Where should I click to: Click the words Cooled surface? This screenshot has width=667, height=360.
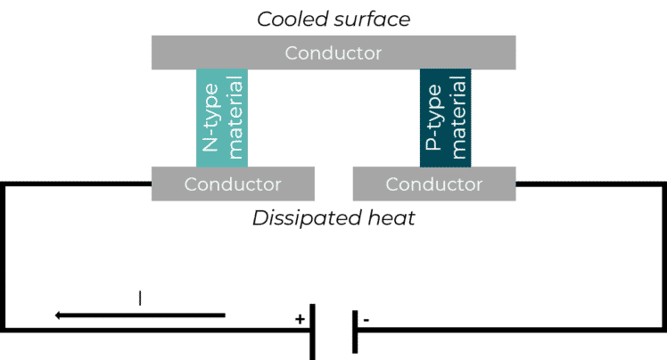point(333,17)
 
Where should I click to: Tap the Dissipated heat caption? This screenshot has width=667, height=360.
point(333,218)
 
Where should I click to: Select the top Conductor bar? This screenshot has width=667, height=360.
point(333,53)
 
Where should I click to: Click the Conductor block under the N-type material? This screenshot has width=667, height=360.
point(233,184)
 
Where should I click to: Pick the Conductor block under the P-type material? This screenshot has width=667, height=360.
point(433,184)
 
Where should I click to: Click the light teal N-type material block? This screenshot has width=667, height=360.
point(222,118)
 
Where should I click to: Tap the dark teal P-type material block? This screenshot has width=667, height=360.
point(445,118)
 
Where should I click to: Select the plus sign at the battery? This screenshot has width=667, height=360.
point(300,318)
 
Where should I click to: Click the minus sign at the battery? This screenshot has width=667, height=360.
point(366,318)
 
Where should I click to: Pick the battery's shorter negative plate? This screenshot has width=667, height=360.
point(355,330)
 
